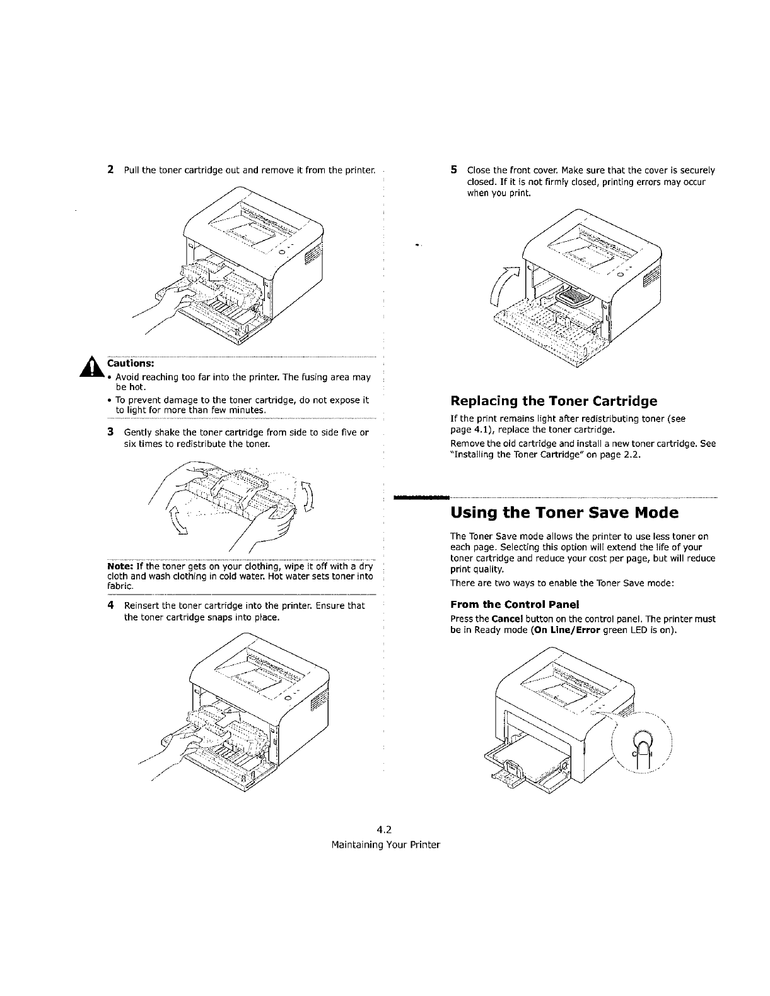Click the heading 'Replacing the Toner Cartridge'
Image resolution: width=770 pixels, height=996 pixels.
click(554, 401)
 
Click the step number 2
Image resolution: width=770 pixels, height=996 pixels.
click(110, 170)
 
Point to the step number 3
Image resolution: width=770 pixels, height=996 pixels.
click(110, 432)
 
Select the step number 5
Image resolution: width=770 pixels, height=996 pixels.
click(453, 170)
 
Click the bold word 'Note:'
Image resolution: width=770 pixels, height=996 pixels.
click(121, 566)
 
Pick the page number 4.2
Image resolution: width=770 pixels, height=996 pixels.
click(384, 830)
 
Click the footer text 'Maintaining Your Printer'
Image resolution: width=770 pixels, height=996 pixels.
click(385, 845)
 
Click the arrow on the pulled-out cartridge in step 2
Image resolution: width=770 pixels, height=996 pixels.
click(221, 273)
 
